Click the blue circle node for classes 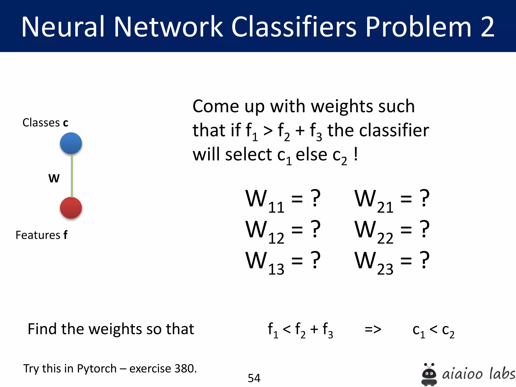[x=71, y=143]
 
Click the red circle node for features [x=71, y=208]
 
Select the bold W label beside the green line [x=54, y=178]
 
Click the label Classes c [x=45, y=123]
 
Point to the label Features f [x=42, y=235]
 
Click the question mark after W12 [x=315, y=229]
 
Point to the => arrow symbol [x=373, y=329]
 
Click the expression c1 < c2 [x=433, y=330]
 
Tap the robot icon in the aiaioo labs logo [x=429, y=374]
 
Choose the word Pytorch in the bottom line [x=96, y=369]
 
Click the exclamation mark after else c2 [x=356, y=154]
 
